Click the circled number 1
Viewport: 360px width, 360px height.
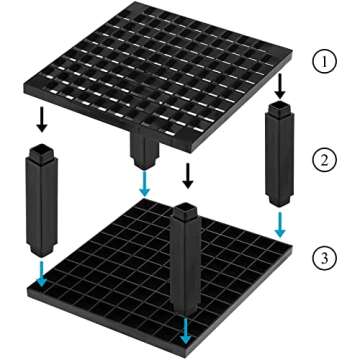point(324,62)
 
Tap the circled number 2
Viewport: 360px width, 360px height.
point(324,160)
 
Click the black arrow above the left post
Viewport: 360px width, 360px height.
point(42,119)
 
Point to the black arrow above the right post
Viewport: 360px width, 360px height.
point(280,86)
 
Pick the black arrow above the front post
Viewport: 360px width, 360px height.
point(188,176)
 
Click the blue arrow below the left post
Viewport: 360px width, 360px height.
point(42,274)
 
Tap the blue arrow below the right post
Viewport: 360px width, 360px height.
point(281,225)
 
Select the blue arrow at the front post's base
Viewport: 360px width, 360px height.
point(186,330)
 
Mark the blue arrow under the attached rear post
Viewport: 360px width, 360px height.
point(144,184)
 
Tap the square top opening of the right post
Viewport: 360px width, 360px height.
point(280,107)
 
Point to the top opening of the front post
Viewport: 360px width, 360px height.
point(184,210)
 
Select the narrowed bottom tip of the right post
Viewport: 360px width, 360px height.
point(280,202)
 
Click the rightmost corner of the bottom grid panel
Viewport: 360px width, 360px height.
point(292,247)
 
